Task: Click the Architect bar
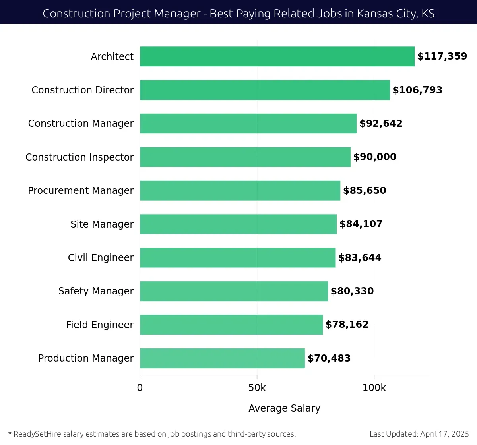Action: point(277,56)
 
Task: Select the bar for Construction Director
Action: point(265,90)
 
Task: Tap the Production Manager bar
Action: point(222,358)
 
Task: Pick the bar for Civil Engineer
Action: point(238,257)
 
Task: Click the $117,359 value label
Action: point(442,56)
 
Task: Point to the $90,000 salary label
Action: point(375,157)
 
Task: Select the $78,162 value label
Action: point(347,325)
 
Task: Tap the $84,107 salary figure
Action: point(361,224)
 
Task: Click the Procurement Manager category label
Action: point(81,191)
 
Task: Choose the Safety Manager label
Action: point(96,291)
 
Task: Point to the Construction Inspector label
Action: point(79,157)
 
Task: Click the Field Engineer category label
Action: point(100,325)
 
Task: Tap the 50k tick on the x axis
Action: point(257,388)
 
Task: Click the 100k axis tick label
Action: point(374,388)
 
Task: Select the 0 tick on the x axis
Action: point(140,388)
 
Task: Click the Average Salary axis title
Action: point(284,408)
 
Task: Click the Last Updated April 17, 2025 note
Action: point(419,434)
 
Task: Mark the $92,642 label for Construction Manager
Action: point(381,124)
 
